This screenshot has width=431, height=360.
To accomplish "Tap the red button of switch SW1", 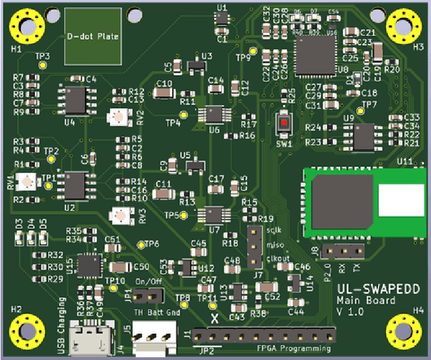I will (x=284, y=123).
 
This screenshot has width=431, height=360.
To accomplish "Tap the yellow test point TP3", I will (x=43, y=65).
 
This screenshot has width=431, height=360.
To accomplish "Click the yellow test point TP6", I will (x=141, y=244).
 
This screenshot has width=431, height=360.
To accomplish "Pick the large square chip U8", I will (x=314, y=53).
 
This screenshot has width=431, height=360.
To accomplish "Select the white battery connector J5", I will (x=153, y=338).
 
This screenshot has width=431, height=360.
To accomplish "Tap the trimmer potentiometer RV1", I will (x=28, y=181).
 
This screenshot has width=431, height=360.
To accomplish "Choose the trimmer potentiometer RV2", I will (x=119, y=117).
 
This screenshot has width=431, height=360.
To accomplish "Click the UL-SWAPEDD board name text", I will (x=377, y=288).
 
